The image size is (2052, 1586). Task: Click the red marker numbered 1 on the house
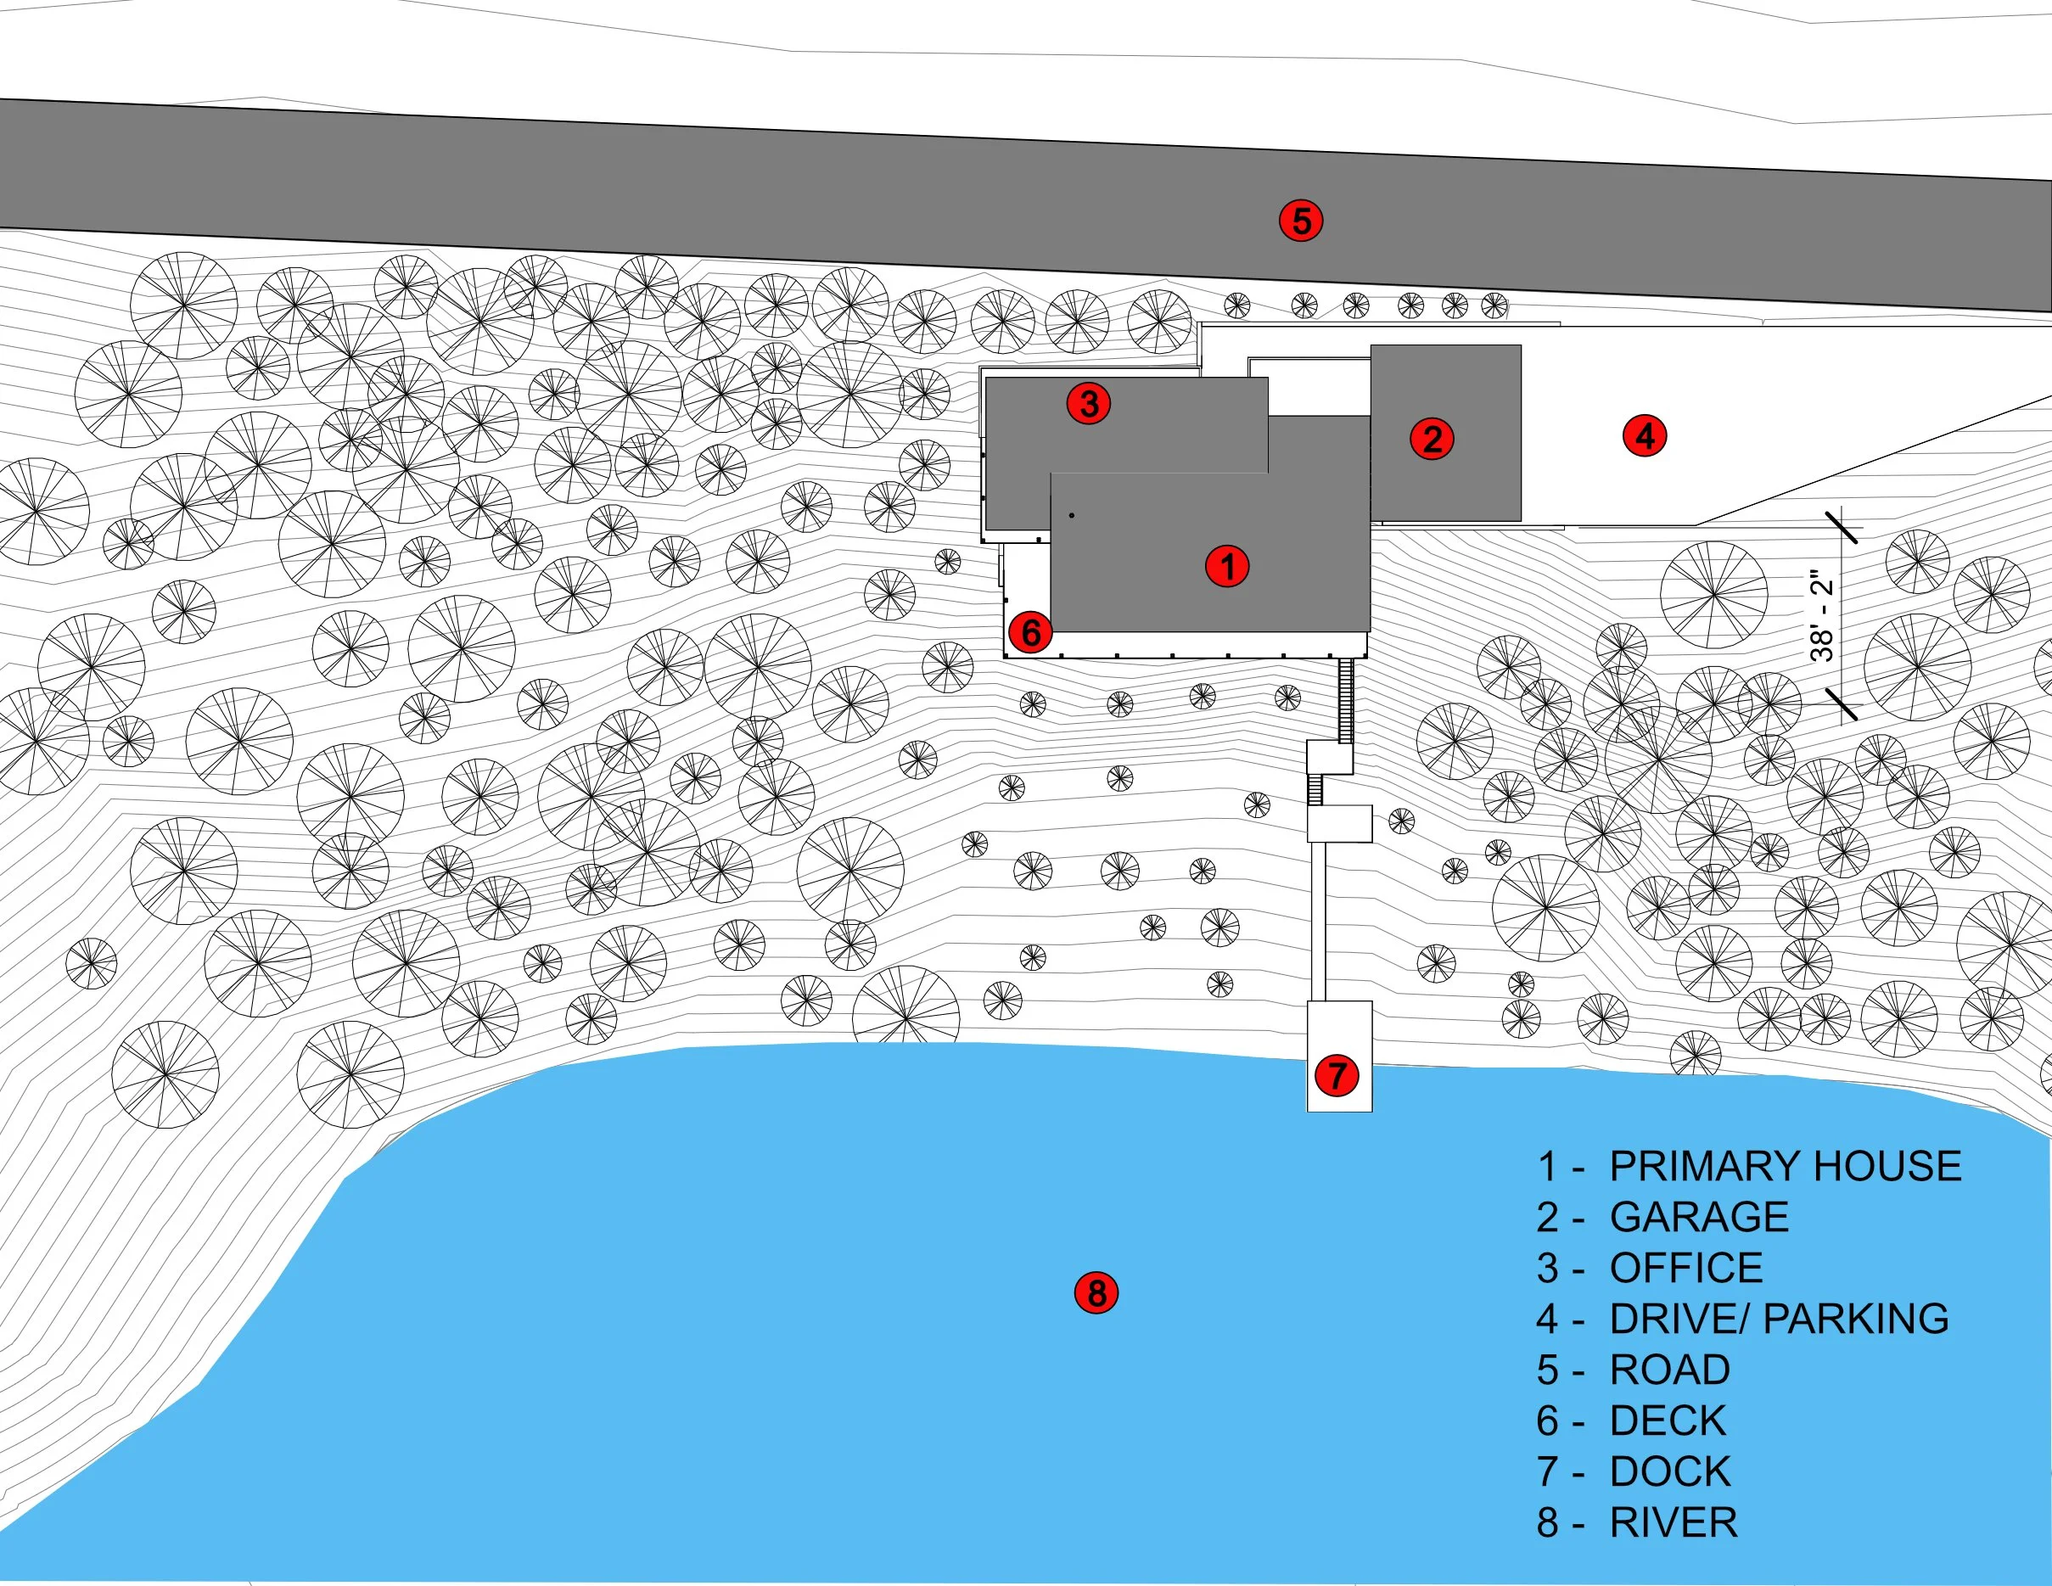pyautogui.click(x=1227, y=567)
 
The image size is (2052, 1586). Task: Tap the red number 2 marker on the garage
pyautogui.click(x=1432, y=439)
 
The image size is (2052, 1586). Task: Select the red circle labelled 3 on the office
pyautogui.click(x=1089, y=404)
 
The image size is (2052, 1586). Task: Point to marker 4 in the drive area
pyautogui.click(x=1646, y=436)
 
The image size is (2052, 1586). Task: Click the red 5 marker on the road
pyautogui.click(x=1301, y=221)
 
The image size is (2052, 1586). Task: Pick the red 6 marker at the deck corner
pyautogui.click(x=1031, y=632)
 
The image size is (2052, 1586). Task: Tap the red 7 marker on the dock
pyautogui.click(x=1337, y=1075)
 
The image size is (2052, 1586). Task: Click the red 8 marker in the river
pyautogui.click(x=1096, y=1293)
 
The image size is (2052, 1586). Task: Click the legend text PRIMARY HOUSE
pyautogui.click(x=1786, y=1166)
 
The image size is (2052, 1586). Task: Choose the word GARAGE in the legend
pyautogui.click(x=1699, y=1217)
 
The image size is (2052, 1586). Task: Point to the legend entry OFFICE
pyautogui.click(x=1685, y=1268)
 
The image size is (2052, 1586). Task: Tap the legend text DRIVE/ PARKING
pyautogui.click(x=1779, y=1318)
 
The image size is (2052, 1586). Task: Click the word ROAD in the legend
pyautogui.click(x=1669, y=1369)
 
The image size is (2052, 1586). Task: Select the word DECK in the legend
pyautogui.click(x=1668, y=1421)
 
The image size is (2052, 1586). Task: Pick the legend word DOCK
pyautogui.click(x=1669, y=1471)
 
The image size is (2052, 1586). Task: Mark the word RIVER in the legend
pyautogui.click(x=1674, y=1522)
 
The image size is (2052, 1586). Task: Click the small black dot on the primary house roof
pyautogui.click(x=1071, y=515)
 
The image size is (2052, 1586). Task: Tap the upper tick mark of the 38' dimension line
pyautogui.click(x=1842, y=527)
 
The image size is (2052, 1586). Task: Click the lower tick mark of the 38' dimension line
pyautogui.click(x=1842, y=703)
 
